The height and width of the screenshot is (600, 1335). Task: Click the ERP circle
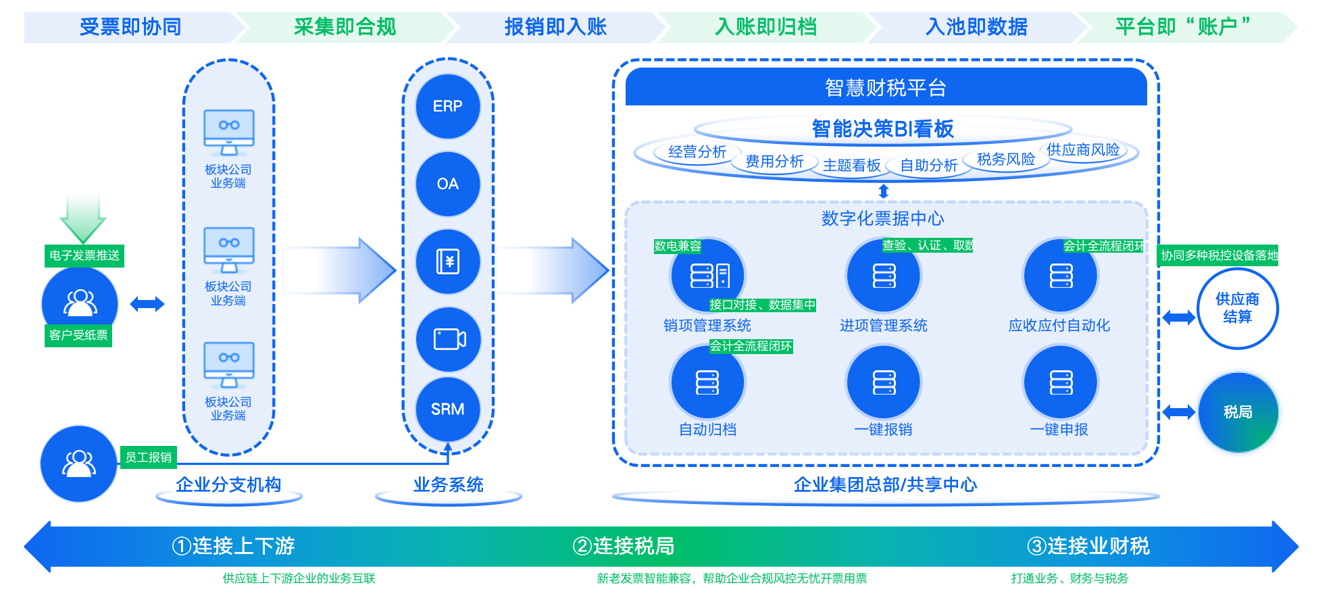click(448, 106)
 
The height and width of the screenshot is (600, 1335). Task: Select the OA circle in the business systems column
click(448, 184)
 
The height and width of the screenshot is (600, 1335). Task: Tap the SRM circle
click(448, 409)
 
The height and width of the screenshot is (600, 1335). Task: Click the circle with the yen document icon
click(448, 261)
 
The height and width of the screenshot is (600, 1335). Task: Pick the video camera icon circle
click(448, 339)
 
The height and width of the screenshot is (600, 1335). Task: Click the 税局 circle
click(1238, 412)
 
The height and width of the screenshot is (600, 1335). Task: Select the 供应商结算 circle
click(1238, 308)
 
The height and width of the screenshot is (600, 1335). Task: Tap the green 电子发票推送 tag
click(84, 255)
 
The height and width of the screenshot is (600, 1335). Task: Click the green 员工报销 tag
click(149, 457)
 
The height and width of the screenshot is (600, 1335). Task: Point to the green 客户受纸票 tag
click(78, 335)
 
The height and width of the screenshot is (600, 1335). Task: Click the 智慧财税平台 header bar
click(886, 87)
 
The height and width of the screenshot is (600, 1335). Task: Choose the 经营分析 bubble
click(697, 152)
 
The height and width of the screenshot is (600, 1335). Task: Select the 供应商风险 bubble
click(1083, 150)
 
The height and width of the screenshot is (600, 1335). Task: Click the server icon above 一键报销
click(884, 382)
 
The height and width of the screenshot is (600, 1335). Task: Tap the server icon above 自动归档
click(707, 382)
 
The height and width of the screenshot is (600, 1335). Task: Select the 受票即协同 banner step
click(130, 27)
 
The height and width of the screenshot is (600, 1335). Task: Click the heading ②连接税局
click(623, 545)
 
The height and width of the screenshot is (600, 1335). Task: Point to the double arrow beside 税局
click(1178, 412)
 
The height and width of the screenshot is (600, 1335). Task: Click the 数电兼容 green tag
click(678, 246)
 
